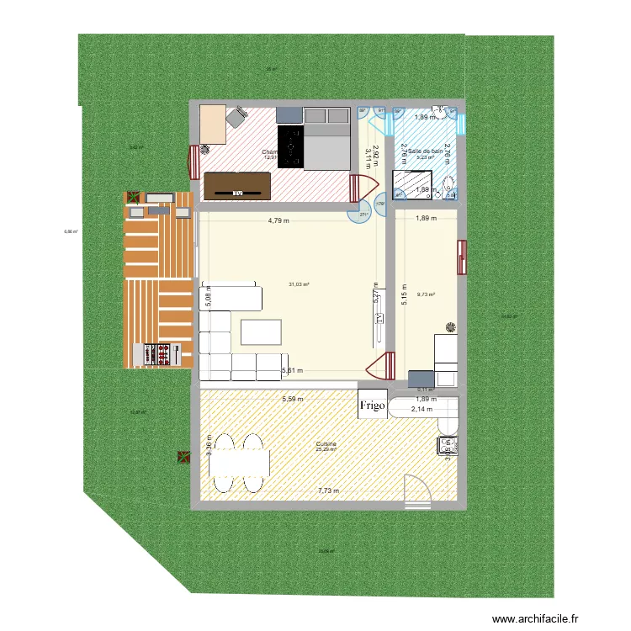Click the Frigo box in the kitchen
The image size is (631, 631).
(x=372, y=406)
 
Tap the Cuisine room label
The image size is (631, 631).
(x=326, y=443)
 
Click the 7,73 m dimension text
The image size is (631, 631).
(x=329, y=491)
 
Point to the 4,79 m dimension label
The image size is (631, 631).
(x=278, y=221)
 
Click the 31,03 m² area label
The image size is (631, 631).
(x=299, y=284)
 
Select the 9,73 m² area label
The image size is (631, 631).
(x=427, y=295)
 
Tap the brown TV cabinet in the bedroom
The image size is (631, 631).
(x=237, y=185)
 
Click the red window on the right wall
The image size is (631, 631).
(x=461, y=257)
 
